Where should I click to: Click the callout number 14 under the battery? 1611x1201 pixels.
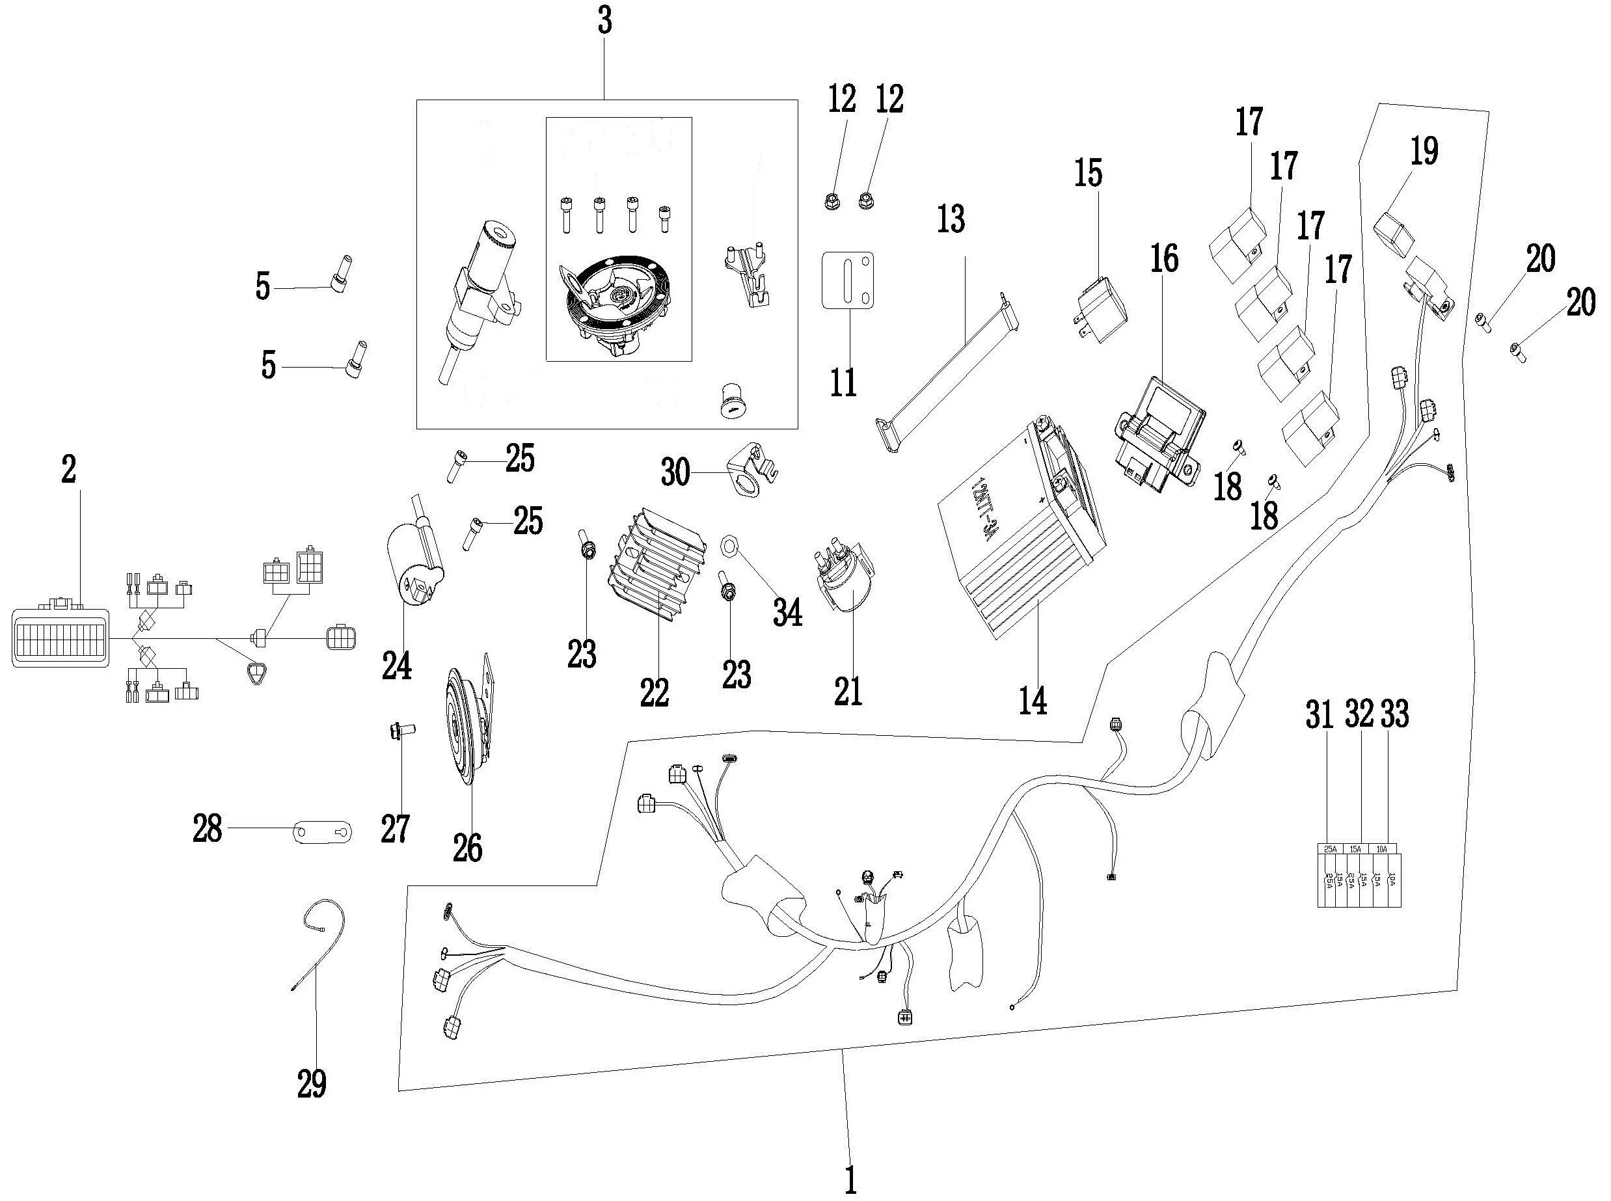(1033, 700)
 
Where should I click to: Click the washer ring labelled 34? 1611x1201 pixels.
(729, 545)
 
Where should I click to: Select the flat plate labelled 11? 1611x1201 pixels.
(847, 280)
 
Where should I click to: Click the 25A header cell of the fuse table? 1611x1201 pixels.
(1331, 848)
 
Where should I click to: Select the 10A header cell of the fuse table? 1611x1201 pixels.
(1382, 848)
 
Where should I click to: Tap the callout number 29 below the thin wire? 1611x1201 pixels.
(311, 1084)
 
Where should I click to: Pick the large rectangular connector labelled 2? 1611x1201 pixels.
(61, 638)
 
